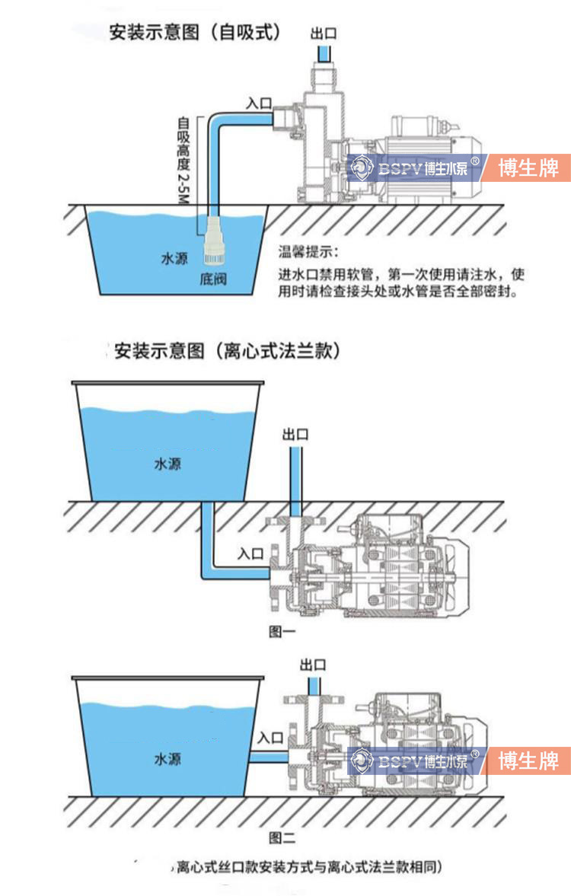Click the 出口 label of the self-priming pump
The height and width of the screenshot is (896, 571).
coord(323,33)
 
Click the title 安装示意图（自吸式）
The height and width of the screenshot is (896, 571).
coord(195,33)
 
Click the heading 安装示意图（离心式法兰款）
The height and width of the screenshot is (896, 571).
coord(226,351)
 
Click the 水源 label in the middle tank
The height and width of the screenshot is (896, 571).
coord(167,463)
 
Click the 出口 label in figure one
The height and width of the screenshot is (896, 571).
coord(295,435)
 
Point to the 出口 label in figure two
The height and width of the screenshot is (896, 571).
coord(314,665)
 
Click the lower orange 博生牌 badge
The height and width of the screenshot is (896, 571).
coord(528,760)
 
